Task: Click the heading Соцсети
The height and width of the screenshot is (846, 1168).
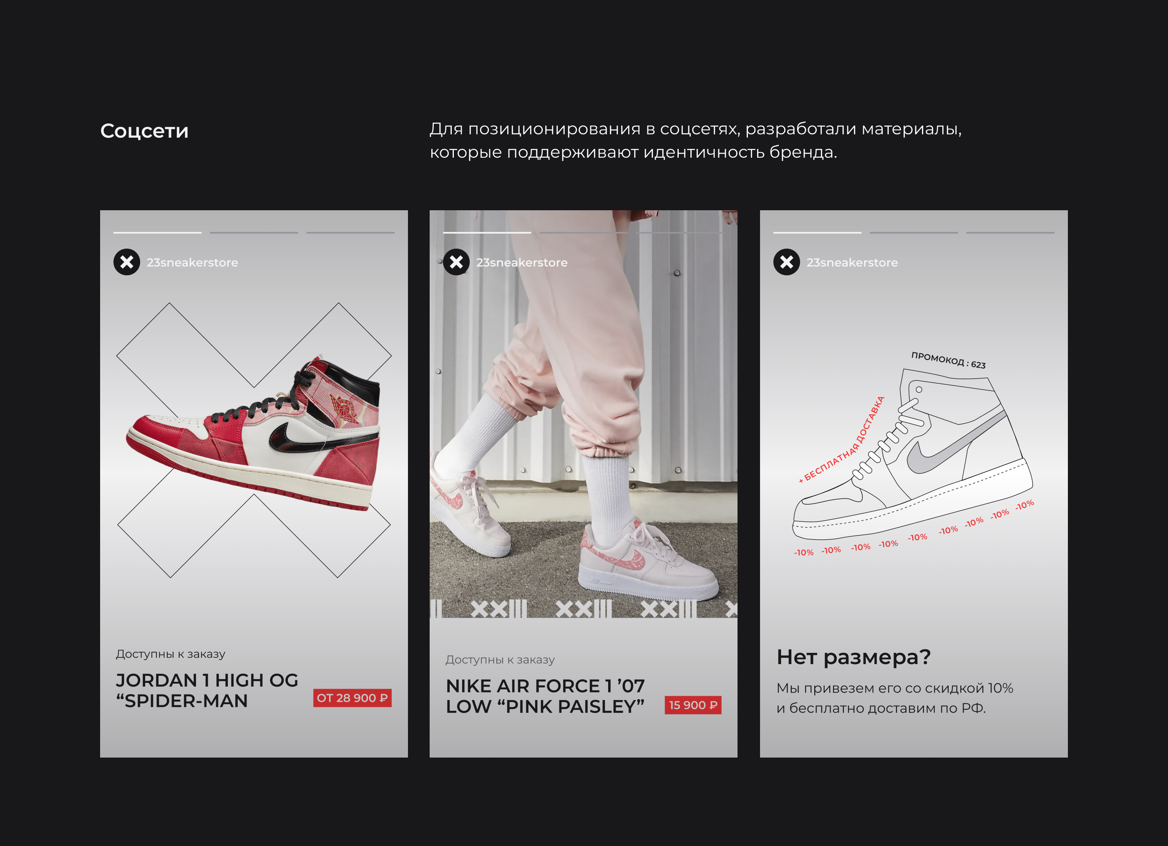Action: pyautogui.click(x=144, y=131)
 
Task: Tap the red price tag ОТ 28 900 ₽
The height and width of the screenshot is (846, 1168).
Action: pyautogui.click(x=352, y=698)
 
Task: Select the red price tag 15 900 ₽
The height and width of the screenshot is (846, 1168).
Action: pyautogui.click(x=692, y=705)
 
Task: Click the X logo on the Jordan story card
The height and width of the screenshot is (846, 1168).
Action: pyautogui.click(x=127, y=262)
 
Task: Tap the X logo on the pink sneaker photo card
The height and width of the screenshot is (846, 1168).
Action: pyautogui.click(x=456, y=262)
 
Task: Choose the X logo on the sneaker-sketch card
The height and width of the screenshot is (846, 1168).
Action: pyautogui.click(x=786, y=262)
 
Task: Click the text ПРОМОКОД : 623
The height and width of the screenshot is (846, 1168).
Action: pyautogui.click(x=948, y=360)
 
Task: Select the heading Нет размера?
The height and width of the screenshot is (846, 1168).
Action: pyautogui.click(x=853, y=657)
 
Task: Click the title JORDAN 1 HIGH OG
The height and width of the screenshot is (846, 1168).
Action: pyautogui.click(x=207, y=680)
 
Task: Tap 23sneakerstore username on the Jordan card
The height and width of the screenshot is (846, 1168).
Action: pyautogui.click(x=192, y=263)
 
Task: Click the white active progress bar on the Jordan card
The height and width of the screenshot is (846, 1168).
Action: pyautogui.click(x=158, y=233)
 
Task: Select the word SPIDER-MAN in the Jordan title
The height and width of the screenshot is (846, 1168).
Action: pyautogui.click(x=186, y=701)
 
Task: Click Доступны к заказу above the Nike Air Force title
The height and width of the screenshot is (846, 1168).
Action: pyautogui.click(x=500, y=660)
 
